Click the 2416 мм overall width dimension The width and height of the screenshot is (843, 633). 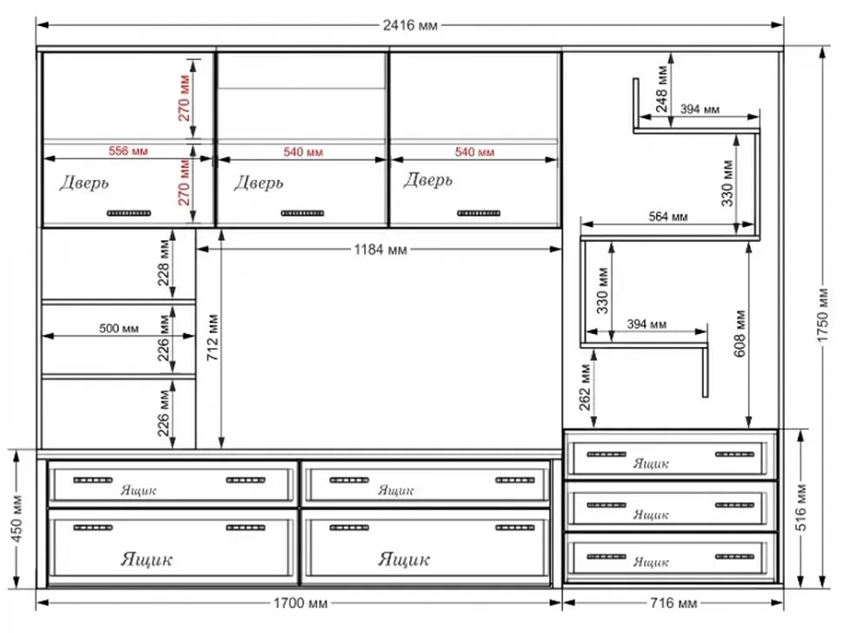pyautogui.click(x=409, y=25)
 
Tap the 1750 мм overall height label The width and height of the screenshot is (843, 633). pyautogui.click(x=822, y=315)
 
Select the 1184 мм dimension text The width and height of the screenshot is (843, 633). pyautogui.click(x=380, y=250)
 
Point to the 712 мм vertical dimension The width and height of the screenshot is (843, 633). pyautogui.click(x=212, y=337)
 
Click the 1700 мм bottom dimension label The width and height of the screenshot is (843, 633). pyautogui.click(x=300, y=603)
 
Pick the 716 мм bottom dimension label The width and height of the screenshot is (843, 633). pyautogui.click(x=674, y=603)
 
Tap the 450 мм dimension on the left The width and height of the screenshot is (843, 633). pyautogui.click(x=17, y=518)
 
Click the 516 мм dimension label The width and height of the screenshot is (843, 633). pyautogui.click(x=800, y=509)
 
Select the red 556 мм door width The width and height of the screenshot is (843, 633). pyautogui.click(x=128, y=151)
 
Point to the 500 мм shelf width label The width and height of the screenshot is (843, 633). pyautogui.click(x=118, y=329)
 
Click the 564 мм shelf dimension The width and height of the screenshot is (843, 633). pyautogui.click(x=667, y=217)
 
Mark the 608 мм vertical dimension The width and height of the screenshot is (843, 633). pyautogui.click(x=740, y=333)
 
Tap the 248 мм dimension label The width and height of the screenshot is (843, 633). pyautogui.click(x=662, y=89)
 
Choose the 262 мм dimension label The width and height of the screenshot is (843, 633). pyautogui.click(x=585, y=388)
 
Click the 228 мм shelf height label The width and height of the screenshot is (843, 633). pyautogui.click(x=164, y=263)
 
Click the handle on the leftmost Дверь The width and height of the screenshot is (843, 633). pyautogui.click(x=129, y=214)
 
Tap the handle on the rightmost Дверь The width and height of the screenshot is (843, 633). pyautogui.click(x=479, y=214)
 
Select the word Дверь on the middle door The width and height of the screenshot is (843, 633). pyautogui.click(x=259, y=183)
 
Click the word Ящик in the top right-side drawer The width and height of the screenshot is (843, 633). pyautogui.click(x=651, y=463)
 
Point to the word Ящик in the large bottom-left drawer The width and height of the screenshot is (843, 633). pyautogui.click(x=147, y=559)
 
